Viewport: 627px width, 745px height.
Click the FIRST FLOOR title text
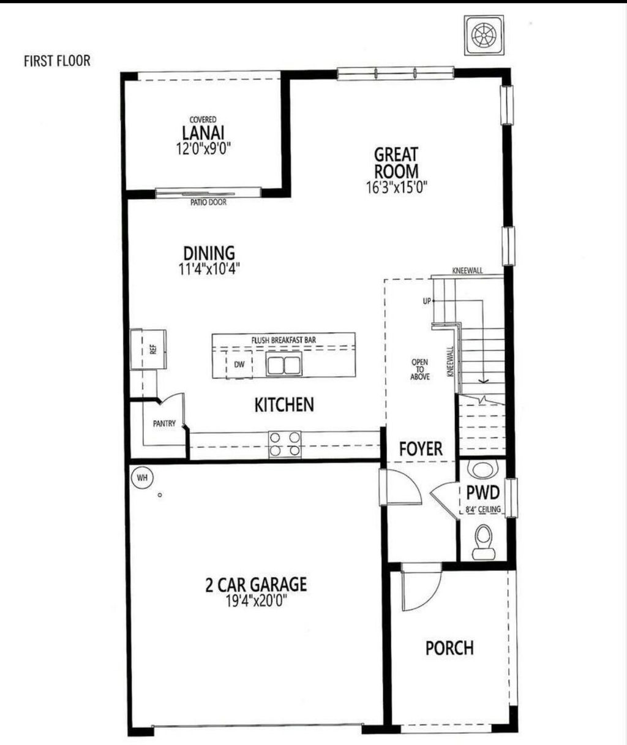(57, 61)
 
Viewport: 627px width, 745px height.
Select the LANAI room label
(203, 132)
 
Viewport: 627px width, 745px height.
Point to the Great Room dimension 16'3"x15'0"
(396, 187)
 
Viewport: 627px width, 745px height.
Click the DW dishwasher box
(239, 365)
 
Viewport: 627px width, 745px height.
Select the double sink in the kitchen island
(284, 365)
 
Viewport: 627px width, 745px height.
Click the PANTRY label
(164, 423)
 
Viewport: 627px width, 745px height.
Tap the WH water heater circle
(143, 476)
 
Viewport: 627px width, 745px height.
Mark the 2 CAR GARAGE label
(255, 584)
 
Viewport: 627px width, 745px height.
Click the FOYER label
(421, 448)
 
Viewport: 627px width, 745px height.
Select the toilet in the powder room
(483, 541)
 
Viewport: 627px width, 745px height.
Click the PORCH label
(449, 648)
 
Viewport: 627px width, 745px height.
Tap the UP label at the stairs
(427, 301)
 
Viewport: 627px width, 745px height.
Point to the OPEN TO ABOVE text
(420, 369)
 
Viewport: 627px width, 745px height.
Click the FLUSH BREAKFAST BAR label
(283, 339)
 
